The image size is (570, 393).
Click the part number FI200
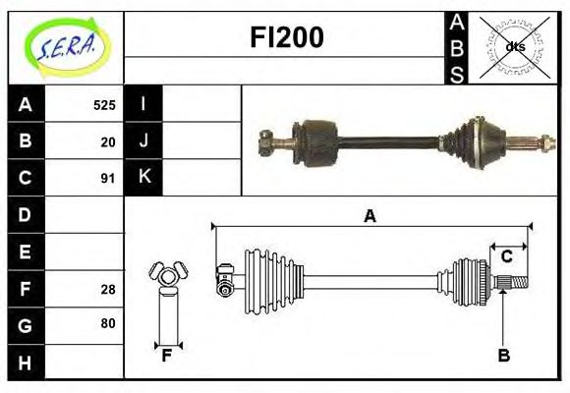click(286, 37)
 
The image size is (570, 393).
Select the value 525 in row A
click(104, 105)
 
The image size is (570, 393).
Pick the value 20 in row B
click(108, 141)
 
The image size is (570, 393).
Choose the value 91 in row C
click(108, 178)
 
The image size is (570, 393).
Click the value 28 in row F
click(108, 288)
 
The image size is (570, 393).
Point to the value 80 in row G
click(108, 323)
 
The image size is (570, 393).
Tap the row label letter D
click(26, 214)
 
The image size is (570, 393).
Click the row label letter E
click(26, 252)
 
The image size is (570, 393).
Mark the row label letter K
click(144, 177)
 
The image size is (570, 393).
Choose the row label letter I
click(144, 104)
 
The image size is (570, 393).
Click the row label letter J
click(144, 140)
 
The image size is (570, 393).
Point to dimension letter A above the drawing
click(370, 216)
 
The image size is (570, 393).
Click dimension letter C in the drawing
click(507, 256)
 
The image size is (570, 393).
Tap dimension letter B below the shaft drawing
click(503, 356)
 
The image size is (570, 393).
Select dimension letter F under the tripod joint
click(167, 356)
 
